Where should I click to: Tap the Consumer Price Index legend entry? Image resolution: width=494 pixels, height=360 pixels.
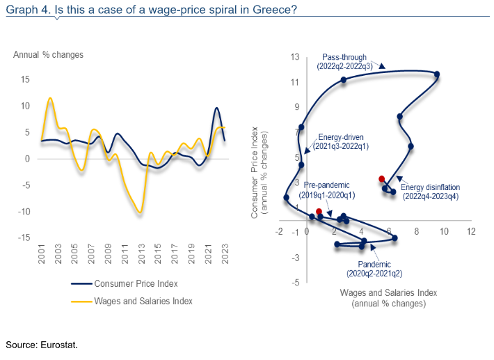125,283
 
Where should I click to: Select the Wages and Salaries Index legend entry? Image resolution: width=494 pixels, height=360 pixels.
132,302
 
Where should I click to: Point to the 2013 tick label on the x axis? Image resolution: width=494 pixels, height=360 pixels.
141,253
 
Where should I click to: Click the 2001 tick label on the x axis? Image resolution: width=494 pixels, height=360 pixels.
41,253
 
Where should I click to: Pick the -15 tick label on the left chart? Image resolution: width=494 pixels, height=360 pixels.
24,237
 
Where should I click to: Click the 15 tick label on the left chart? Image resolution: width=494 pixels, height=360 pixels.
25,79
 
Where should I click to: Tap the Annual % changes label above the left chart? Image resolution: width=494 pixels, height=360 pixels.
48,55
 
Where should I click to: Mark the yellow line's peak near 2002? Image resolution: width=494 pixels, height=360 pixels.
50,98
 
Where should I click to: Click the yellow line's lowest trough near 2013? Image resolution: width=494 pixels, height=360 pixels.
140,212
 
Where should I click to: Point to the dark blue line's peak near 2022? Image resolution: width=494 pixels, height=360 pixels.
216,108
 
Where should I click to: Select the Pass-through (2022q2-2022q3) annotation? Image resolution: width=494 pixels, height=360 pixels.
344,62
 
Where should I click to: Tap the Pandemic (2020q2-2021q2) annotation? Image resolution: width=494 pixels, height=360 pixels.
374,269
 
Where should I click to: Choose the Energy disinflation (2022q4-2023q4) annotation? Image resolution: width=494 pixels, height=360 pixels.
431,191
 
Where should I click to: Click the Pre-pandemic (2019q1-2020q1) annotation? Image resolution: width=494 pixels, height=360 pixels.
327,190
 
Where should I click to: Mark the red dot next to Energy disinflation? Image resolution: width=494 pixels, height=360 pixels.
381,179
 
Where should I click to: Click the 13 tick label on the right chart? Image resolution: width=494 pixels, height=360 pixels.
295,57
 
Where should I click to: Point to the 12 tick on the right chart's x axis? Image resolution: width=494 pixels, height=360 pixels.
471,232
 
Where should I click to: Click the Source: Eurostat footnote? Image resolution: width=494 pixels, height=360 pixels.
42,345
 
